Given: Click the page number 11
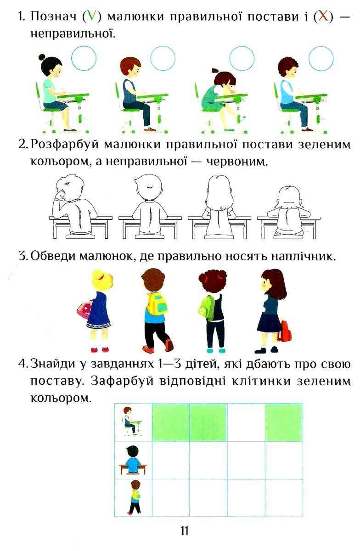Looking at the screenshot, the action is tap(185, 531).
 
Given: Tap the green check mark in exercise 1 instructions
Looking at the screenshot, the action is tap(91, 17).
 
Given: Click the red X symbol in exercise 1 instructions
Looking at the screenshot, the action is tap(324, 17).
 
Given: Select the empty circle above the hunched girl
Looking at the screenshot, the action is tap(242, 58).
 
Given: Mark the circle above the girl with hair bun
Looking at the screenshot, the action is tap(84, 58).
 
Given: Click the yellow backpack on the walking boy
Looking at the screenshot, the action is tap(157, 304).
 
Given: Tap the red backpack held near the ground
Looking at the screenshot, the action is tap(284, 331).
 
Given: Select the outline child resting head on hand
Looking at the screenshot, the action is tap(74, 205).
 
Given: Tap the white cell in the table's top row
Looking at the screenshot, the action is tap(246, 422).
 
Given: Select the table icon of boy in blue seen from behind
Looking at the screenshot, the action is tap(133, 460).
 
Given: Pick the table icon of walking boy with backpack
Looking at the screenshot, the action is tap(135, 497).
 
